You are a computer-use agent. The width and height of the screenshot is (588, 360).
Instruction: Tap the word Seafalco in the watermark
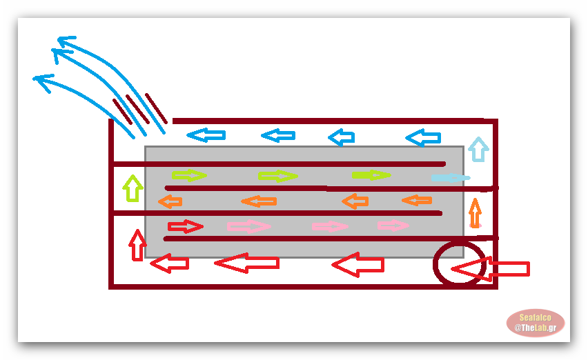[x=536, y=317]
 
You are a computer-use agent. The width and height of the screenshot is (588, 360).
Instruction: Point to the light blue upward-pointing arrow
[x=477, y=149]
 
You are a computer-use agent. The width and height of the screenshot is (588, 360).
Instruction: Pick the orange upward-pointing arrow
[x=475, y=212]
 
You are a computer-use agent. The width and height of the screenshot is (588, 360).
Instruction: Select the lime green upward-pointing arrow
[x=133, y=188]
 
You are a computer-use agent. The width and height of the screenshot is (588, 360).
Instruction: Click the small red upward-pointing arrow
[x=138, y=245]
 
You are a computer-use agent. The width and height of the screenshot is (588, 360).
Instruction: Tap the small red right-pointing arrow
[x=185, y=226]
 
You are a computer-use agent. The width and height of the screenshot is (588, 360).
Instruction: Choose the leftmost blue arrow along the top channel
[x=206, y=135]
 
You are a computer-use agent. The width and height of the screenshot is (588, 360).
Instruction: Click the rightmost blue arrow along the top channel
[x=423, y=138]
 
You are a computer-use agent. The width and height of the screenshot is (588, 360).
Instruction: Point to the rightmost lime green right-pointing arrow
[x=371, y=175]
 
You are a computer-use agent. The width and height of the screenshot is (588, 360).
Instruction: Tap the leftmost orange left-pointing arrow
[x=170, y=201]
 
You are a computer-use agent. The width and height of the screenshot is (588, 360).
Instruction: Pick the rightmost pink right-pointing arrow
[x=393, y=226]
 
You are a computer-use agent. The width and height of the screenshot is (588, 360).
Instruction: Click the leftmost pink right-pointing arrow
[x=248, y=226]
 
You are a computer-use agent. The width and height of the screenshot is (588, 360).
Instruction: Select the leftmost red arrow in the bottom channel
[x=169, y=263]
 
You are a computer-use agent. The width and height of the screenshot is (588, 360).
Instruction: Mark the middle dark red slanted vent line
[x=137, y=109]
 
